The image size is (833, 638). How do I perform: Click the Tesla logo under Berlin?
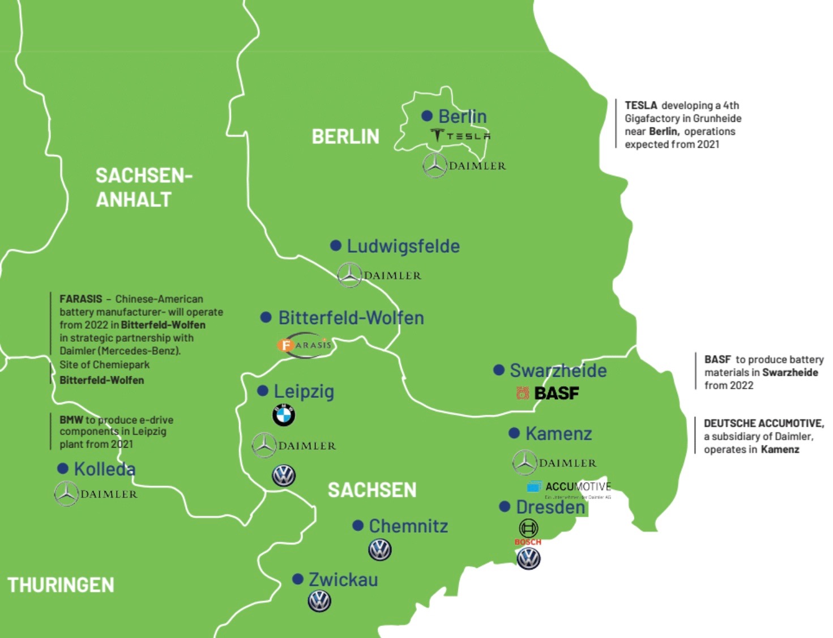coord(460,136)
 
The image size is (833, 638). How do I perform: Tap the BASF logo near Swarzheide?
coord(548,393)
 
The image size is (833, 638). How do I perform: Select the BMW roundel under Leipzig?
coord(284,415)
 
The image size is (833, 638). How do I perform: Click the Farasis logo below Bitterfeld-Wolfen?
coord(305,345)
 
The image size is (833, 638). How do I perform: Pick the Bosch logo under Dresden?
coord(528,533)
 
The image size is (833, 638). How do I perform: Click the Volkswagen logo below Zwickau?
coord(319,601)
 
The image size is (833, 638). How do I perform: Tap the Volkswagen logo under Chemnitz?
coord(380,550)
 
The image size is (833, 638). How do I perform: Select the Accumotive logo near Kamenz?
coord(569,487)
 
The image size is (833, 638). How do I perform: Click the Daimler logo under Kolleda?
coord(96,494)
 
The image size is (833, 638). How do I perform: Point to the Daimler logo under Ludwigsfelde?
coord(379,275)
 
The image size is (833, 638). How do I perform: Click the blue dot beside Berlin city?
coord(427,116)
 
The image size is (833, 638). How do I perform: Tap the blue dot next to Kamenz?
coord(514,433)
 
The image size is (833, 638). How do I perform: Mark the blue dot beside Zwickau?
coord(298,579)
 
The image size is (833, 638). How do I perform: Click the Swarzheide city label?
coord(558,371)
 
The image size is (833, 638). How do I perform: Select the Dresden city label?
coord(550,507)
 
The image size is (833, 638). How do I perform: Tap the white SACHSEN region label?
coord(372,490)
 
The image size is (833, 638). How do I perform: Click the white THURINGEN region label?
coord(61,585)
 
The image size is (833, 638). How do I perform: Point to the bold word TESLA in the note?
coord(640,105)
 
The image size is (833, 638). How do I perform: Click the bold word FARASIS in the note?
coord(81,299)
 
